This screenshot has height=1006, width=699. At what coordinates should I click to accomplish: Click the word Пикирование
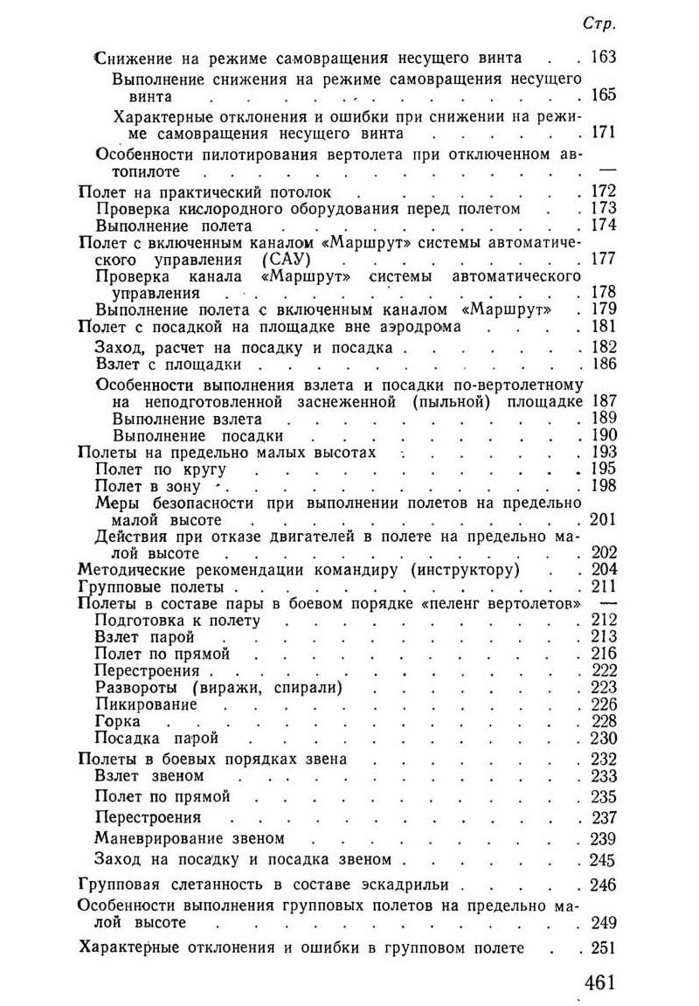[x=146, y=704]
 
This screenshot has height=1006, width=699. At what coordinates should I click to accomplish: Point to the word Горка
[x=117, y=721]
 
